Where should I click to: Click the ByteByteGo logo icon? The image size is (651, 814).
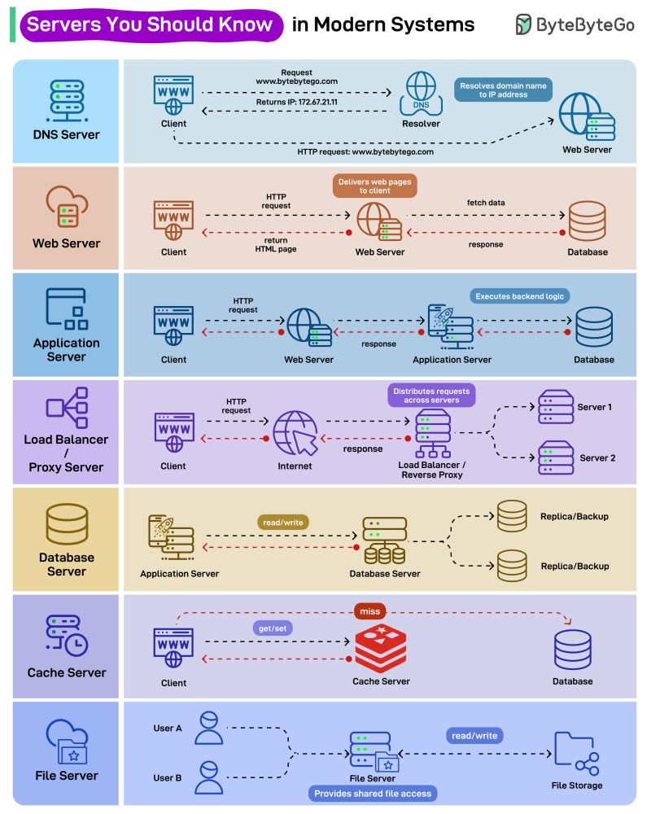[524, 24]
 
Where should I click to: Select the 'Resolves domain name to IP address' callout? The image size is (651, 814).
[505, 90]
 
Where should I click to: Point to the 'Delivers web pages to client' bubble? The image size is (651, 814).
[374, 186]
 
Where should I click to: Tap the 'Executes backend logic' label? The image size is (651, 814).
[519, 296]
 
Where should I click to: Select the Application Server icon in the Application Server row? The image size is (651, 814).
[451, 327]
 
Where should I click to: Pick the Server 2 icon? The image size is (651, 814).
[556, 457]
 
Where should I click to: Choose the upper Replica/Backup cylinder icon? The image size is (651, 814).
[512, 516]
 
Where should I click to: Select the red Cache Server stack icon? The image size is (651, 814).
[380, 648]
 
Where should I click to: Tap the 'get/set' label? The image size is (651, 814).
[272, 628]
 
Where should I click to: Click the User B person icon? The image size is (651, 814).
[208, 777]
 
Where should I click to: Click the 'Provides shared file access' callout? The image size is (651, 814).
[373, 793]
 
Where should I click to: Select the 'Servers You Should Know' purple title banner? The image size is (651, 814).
[149, 24]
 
